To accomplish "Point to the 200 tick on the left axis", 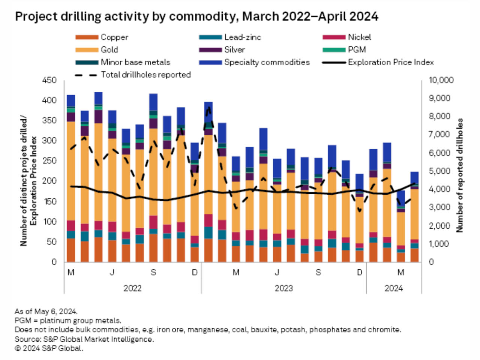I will [x=50, y=181].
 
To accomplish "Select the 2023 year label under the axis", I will [x=283, y=288].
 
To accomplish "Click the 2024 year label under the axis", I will [x=393, y=288].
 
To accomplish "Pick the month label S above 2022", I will [x=153, y=273].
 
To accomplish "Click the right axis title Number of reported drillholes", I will [x=460, y=175].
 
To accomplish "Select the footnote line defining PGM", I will [x=68, y=321].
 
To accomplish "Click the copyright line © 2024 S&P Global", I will [x=49, y=348].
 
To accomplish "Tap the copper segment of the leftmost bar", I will [x=70, y=250].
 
